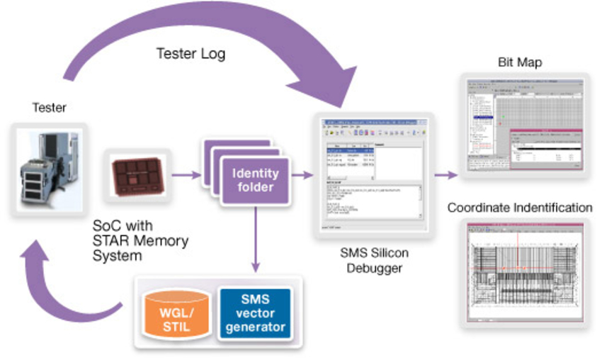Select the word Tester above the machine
click(x=49, y=108)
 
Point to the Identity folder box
click(x=255, y=180)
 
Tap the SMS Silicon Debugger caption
click(x=373, y=259)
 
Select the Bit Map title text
click(x=520, y=62)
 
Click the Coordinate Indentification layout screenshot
click(x=526, y=272)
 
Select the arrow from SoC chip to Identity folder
click(x=186, y=174)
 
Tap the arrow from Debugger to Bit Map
click(x=446, y=174)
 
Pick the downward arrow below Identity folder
click(x=255, y=241)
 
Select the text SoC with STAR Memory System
click(x=140, y=242)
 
